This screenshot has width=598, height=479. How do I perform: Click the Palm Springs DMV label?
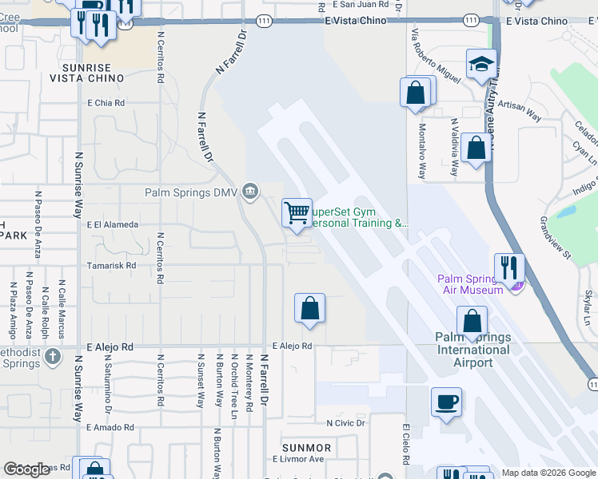point(191,192)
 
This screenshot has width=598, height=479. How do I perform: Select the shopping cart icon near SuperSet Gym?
point(297,213)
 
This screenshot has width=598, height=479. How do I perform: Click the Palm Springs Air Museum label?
point(470,283)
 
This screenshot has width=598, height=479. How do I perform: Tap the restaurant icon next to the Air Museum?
point(508,269)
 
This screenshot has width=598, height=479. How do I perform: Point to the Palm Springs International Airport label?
point(473,350)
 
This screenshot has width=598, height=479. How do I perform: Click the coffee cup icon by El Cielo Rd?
point(446,402)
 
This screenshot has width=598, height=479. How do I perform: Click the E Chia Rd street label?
point(106,103)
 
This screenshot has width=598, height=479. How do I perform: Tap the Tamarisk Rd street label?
point(112,265)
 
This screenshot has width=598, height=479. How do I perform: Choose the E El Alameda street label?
point(113,225)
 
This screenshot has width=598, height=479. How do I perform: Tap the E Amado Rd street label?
point(109,428)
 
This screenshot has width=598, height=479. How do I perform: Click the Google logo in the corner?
point(26,469)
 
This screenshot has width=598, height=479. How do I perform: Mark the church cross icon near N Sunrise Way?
point(53,354)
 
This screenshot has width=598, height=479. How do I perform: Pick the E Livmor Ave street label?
point(297,459)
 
